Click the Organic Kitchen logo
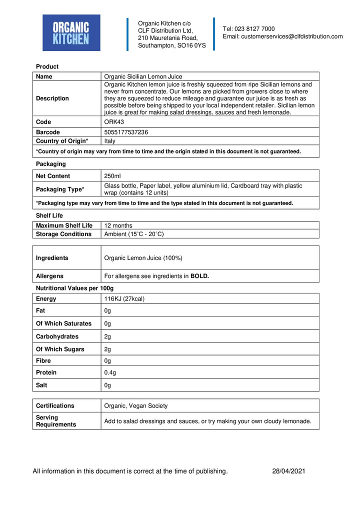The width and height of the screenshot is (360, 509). [x=71, y=33]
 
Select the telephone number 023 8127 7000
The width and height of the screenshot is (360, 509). [x=255, y=29]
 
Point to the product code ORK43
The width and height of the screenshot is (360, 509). [x=114, y=122]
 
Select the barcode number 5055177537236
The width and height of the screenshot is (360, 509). [x=126, y=132]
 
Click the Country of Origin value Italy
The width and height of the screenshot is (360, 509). [x=109, y=141]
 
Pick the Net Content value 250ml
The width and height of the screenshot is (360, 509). [x=112, y=176]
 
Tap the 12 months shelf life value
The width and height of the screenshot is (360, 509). [x=118, y=225]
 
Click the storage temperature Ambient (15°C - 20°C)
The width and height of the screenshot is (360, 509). [x=133, y=234]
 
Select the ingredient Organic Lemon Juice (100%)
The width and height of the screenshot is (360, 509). [x=143, y=258]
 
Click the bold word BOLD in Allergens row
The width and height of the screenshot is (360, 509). [x=199, y=276]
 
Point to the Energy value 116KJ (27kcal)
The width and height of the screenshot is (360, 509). [x=124, y=299]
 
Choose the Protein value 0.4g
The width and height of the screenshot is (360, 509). [x=110, y=372]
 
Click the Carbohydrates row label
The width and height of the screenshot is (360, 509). [x=57, y=336]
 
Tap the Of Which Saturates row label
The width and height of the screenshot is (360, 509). [x=63, y=323]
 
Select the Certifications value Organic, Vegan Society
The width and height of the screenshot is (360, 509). [x=136, y=406]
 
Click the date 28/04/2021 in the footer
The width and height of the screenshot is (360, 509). [x=288, y=471]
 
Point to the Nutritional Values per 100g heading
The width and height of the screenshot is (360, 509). [x=74, y=288]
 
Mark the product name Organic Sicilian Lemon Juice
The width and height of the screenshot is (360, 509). [x=143, y=76]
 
